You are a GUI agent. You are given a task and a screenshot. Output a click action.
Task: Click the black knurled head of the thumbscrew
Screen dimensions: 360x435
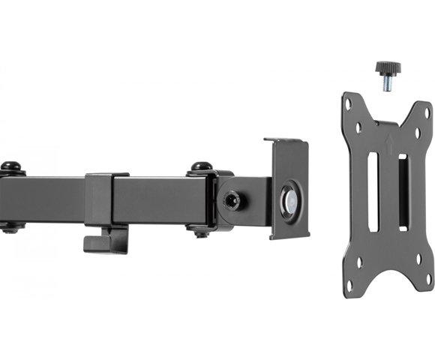[388, 68]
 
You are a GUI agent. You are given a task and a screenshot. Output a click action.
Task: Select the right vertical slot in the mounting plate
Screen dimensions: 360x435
[403, 191]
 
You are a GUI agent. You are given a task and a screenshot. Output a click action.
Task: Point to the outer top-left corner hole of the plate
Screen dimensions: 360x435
[349, 106]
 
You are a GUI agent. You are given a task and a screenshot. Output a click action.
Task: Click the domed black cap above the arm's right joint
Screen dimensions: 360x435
[200, 166]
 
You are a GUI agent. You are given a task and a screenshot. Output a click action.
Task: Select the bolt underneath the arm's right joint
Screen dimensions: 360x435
[201, 233]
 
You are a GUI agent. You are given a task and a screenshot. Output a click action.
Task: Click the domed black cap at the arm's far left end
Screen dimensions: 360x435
[10, 166]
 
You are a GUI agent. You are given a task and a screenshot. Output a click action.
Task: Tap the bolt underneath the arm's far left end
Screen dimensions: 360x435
[10, 229]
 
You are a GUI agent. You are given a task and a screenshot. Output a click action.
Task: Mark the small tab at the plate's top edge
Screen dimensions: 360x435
[387, 122]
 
